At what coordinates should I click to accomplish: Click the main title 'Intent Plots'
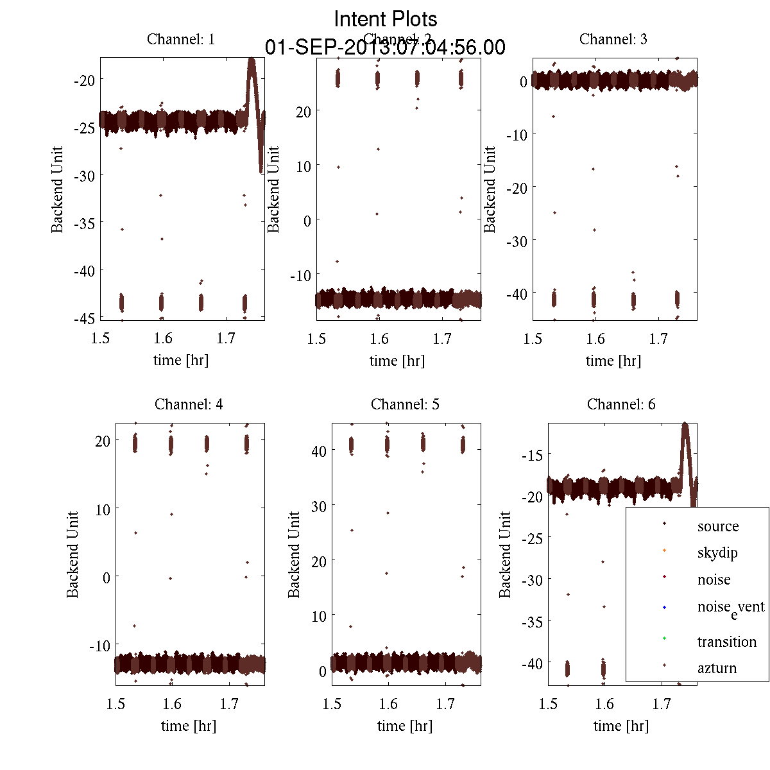pyautogui.click(x=386, y=19)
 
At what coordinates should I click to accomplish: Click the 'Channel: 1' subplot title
pyautogui.click(x=181, y=39)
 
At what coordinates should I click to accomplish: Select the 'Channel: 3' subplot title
pyautogui.click(x=613, y=39)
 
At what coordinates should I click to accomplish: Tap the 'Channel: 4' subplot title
pyautogui.click(x=189, y=404)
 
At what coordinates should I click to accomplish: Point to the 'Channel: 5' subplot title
pyautogui.click(x=405, y=404)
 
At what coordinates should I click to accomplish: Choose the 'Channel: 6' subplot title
pyautogui.click(x=621, y=404)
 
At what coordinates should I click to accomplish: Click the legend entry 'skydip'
pyautogui.click(x=717, y=552)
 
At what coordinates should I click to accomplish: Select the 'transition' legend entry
pyautogui.click(x=726, y=642)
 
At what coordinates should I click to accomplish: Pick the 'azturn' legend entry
pyautogui.click(x=717, y=668)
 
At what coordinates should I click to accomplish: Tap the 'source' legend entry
pyautogui.click(x=718, y=526)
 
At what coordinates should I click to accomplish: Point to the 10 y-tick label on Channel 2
pyautogui.click(x=303, y=166)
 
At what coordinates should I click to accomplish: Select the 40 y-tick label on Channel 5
pyautogui.click(x=318, y=451)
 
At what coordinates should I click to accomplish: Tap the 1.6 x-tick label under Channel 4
pyautogui.click(x=172, y=704)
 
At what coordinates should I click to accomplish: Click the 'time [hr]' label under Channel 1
pyautogui.click(x=181, y=360)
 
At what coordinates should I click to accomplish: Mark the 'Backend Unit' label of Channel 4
pyautogui.click(x=73, y=554)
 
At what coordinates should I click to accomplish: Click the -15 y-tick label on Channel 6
pyautogui.click(x=532, y=455)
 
